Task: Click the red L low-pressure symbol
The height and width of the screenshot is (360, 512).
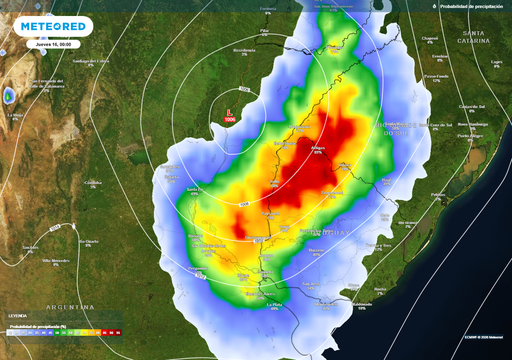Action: pyautogui.click(x=230, y=112)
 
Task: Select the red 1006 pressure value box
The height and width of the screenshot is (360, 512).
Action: pyautogui.click(x=231, y=120)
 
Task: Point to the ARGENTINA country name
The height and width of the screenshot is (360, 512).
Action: pyautogui.click(x=69, y=306)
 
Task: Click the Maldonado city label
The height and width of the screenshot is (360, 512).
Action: pyautogui.click(x=362, y=303)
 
